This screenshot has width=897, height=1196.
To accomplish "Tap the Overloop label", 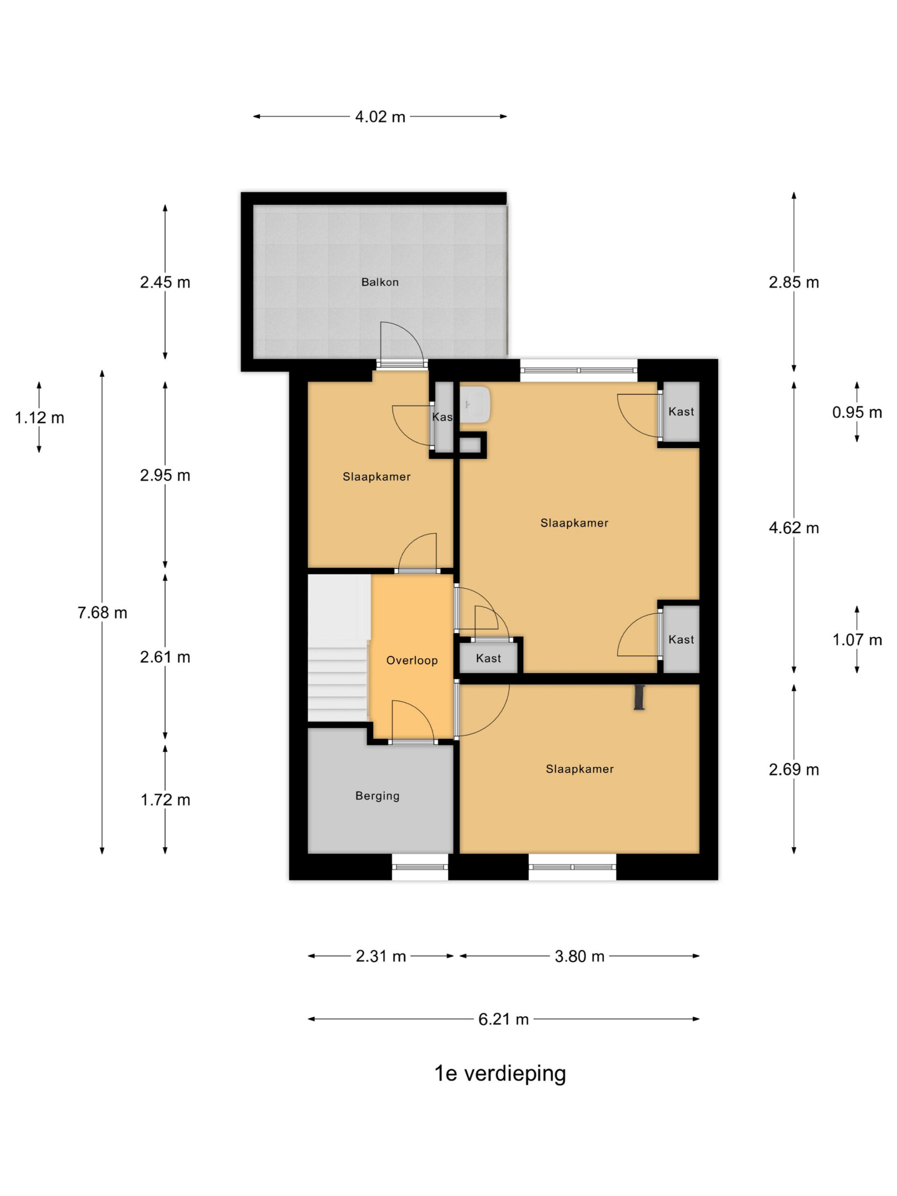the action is coord(412,660).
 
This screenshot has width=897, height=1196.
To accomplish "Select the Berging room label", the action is coord(377,796).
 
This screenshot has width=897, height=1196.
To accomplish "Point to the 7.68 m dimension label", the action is coord(102,612).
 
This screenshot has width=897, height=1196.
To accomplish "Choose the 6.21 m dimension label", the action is coord(503,1019).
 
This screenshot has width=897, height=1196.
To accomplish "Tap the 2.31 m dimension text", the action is coord(381,956).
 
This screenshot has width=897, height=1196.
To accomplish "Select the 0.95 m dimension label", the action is coord(857,413).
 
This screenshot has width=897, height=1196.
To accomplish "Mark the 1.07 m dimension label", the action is coord(857,640).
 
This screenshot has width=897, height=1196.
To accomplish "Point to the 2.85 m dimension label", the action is coord(794,282).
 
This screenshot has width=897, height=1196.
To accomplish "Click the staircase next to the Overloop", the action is coord(338,647).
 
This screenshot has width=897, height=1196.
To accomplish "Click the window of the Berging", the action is coord(420,867).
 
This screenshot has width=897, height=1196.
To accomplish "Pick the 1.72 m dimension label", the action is coord(165,800).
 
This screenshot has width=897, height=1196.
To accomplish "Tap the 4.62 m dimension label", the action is coord(794,528).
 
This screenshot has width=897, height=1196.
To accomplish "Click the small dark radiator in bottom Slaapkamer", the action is coord(640,697).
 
